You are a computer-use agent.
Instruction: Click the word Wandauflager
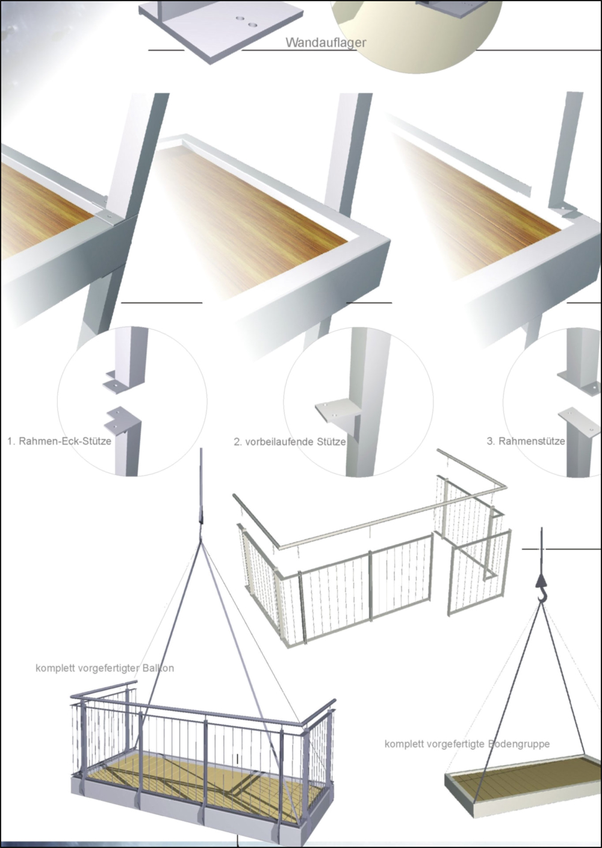pos(326,43)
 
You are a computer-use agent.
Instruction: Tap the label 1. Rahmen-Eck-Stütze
pos(60,441)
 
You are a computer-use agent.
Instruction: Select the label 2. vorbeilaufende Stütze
pos(290,442)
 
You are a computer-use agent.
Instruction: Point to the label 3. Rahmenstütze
pos(526,441)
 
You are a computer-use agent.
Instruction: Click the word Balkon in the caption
pos(158,668)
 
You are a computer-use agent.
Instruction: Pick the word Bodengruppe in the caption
pos(519,744)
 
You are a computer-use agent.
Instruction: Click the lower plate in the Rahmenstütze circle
pos(580,419)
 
